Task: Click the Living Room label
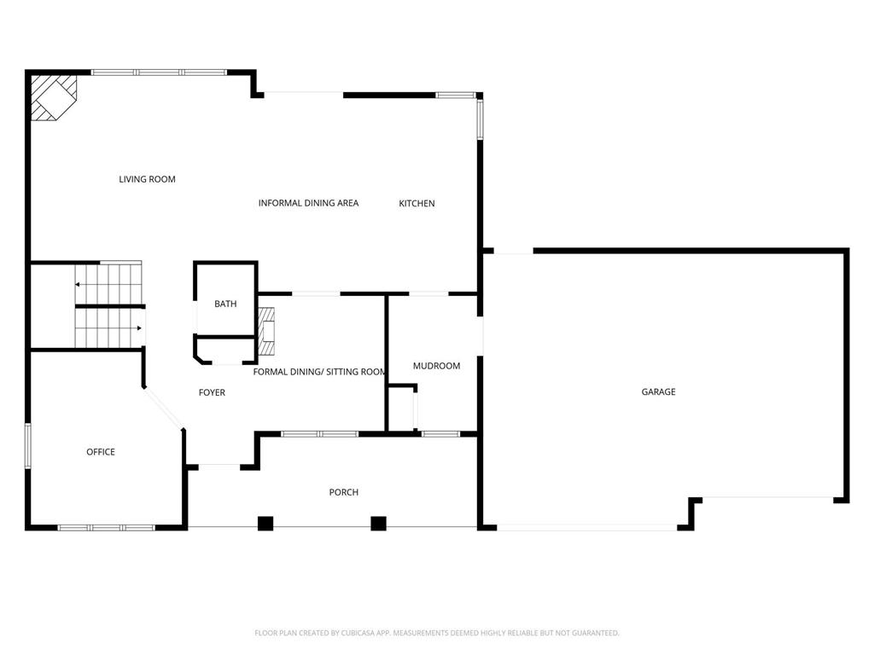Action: (147, 179)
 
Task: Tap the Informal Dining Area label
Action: (308, 203)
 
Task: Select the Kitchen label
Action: (417, 203)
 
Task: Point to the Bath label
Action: (225, 304)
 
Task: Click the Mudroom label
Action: (436, 366)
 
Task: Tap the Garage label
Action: (658, 391)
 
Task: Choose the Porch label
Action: (344, 492)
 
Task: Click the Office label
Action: (101, 451)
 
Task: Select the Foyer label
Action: (212, 392)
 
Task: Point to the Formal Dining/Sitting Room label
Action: (320, 372)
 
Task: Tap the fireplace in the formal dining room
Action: (268, 331)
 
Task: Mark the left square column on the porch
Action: (265, 524)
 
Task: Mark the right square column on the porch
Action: (378, 524)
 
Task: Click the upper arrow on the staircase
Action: (79, 284)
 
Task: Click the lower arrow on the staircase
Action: (137, 327)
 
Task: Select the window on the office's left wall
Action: (28, 445)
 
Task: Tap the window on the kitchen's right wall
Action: (480, 119)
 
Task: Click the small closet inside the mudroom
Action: (401, 409)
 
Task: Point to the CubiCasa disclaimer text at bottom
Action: (437, 633)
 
